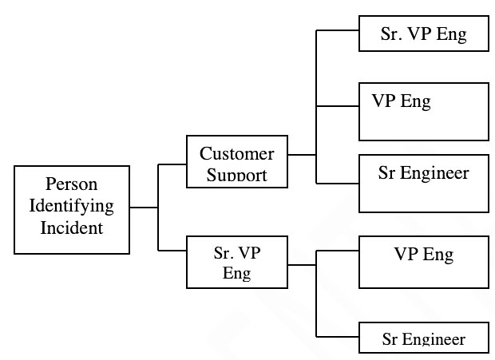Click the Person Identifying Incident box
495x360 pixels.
pyautogui.click(x=72, y=209)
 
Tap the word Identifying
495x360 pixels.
pyautogui.click(x=72, y=206)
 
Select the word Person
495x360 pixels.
pyautogui.click(x=71, y=184)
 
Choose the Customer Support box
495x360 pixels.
pyautogui.click(x=236, y=161)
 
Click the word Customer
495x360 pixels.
pyautogui.click(x=236, y=153)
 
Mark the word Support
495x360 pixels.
pyautogui.click(x=236, y=175)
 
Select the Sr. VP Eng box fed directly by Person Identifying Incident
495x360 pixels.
pyautogui.click(x=236, y=262)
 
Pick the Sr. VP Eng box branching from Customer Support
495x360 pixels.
pyautogui.click(x=423, y=34)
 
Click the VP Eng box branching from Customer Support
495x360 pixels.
pyautogui.click(x=423, y=111)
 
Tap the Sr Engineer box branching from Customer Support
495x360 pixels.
pyautogui.click(x=423, y=184)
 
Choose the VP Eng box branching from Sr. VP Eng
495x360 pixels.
pyautogui.click(x=423, y=262)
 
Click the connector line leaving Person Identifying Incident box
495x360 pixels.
pyautogui.click(x=144, y=208)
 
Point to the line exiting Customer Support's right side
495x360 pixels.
pyautogui.click(x=302, y=154)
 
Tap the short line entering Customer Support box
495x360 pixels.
pyautogui.click(x=172, y=165)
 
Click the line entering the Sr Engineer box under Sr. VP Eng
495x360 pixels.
pyautogui.click(x=338, y=336)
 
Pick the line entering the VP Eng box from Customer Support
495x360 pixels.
pyautogui.click(x=338, y=106)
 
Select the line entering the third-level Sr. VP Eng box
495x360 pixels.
pyautogui.click(x=338, y=30)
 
